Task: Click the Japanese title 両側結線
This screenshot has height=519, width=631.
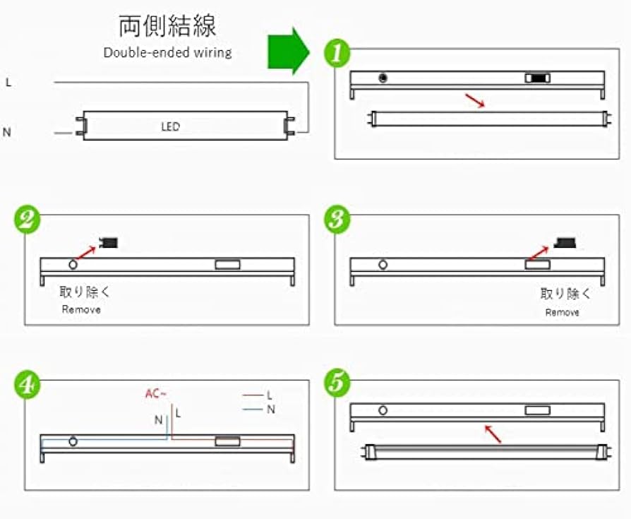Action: [x=167, y=25]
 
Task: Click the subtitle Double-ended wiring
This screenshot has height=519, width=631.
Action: [x=167, y=52]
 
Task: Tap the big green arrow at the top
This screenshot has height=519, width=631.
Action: [x=288, y=51]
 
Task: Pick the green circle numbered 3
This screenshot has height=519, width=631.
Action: [x=338, y=220]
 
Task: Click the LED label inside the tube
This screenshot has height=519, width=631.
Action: [x=170, y=127]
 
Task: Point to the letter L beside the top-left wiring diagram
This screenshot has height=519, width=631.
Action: [x=8, y=83]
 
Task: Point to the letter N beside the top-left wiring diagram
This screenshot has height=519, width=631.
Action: [x=7, y=132]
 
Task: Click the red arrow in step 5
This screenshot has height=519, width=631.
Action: [x=493, y=434]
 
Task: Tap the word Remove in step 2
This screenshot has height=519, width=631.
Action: [x=81, y=309]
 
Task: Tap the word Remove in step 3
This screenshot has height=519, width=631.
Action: [x=562, y=312]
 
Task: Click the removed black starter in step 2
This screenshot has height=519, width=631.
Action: [x=108, y=244]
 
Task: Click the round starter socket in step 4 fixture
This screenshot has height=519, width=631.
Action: [x=73, y=441]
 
